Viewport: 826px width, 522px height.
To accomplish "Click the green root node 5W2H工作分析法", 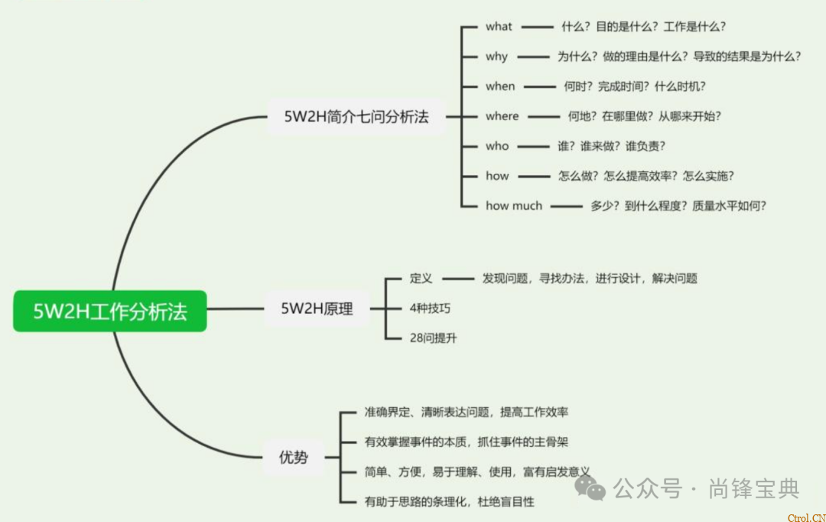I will tap(110, 311).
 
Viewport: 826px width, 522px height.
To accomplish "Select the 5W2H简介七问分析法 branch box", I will tap(356, 117).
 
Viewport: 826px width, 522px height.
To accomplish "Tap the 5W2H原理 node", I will tap(317, 309).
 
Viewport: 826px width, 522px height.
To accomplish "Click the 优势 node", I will tap(294, 458).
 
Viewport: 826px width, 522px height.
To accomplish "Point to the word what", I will tap(499, 27).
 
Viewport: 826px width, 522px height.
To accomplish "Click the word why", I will tap(496, 57).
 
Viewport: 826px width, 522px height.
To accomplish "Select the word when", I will tap(500, 86).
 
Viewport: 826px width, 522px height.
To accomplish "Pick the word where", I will tap(502, 116).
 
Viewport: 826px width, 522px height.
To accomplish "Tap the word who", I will tap(497, 146).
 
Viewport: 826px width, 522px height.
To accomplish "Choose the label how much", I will tap(514, 206).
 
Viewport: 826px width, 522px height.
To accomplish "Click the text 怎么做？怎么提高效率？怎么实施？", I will tap(646, 176).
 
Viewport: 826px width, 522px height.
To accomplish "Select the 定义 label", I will tap(421, 279).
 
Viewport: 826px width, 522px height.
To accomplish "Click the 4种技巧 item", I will tap(431, 308).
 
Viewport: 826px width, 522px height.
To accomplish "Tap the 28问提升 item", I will tap(434, 338).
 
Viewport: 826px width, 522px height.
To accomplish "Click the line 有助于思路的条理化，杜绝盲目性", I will tap(449, 502).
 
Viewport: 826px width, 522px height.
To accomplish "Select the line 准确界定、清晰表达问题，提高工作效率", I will tap(466, 413).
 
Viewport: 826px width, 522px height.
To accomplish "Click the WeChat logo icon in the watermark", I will tap(590, 488).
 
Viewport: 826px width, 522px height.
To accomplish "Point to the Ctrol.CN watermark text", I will tap(806, 517).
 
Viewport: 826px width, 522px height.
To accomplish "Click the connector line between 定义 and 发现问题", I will tap(459, 279).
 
